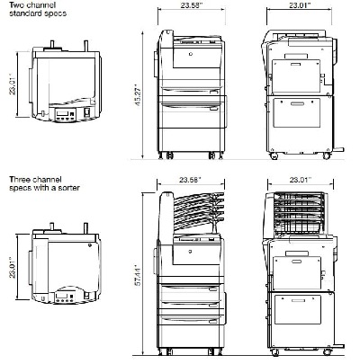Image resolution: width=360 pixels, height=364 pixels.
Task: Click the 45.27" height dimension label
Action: coord(138,94)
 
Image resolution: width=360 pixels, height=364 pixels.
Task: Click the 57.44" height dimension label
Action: coord(138,275)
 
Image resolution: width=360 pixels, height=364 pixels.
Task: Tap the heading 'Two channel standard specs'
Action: coord(38,9)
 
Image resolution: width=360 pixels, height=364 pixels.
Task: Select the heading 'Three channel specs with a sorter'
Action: coord(44,183)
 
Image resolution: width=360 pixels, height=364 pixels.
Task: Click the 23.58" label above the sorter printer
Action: coord(190,180)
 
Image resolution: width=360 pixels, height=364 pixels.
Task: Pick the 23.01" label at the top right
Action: coord(300,5)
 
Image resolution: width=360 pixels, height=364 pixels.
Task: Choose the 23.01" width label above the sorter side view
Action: coord(301,180)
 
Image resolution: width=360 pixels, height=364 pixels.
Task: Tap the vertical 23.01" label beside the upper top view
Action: coord(12,84)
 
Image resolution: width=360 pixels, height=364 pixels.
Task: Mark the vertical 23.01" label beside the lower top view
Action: coord(12,268)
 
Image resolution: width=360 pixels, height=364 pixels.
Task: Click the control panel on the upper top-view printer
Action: coord(66,115)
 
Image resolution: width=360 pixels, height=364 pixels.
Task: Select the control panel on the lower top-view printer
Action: coord(64,297)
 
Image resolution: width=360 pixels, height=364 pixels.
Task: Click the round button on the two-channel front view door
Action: coord(191,54)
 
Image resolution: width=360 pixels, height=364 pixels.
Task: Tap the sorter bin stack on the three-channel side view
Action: coord(299,214)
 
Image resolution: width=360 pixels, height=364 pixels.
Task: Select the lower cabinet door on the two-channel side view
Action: coord(297,112)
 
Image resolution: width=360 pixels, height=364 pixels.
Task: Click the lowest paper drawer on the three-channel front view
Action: coord(191,321)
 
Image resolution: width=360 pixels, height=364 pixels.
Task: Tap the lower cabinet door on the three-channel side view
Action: coord(298,309)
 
